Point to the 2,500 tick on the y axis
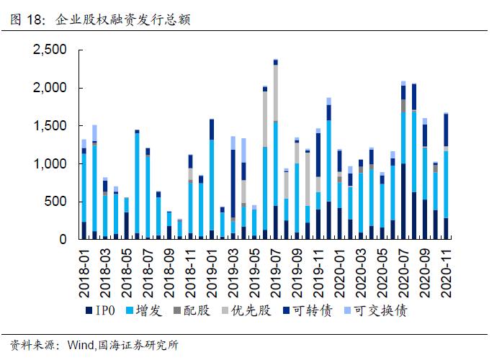click(50, 50)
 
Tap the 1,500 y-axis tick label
click(50, 126)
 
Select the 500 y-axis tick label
click(56, 202)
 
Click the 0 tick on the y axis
click(63, 239)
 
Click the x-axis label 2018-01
click(84, 270)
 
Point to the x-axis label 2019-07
click(276, 270)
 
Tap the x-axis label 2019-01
click(212, 270)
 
